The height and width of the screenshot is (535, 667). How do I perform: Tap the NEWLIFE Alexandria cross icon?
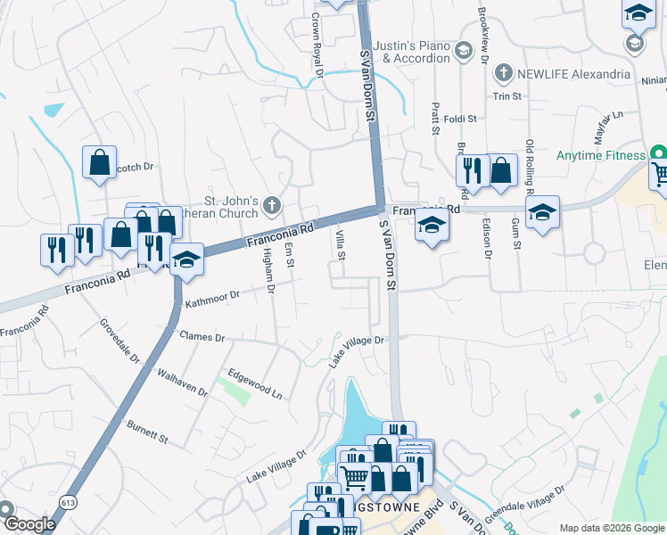(503, 74)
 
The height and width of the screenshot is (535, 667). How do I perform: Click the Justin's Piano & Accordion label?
(405, 52)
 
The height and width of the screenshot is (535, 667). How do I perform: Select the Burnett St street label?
(147, 432)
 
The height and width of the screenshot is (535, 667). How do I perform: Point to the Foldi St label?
(460, 118)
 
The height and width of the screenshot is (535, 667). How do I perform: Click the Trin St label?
(506, 95)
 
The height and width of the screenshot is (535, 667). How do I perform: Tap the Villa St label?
(341, 244)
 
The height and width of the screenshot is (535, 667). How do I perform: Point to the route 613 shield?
(68, 502)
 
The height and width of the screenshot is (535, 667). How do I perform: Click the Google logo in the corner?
(29, 524)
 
